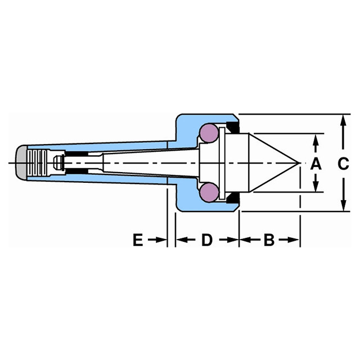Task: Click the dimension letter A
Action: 316,164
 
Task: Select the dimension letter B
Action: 268,241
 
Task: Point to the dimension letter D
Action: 206,241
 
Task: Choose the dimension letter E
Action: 137,241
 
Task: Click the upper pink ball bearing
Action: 209,133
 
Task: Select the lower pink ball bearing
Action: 209,192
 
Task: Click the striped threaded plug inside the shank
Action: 38,163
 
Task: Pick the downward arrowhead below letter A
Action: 316,187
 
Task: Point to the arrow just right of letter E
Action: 159,241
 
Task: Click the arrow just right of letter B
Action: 291,241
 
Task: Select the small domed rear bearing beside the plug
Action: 56,163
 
